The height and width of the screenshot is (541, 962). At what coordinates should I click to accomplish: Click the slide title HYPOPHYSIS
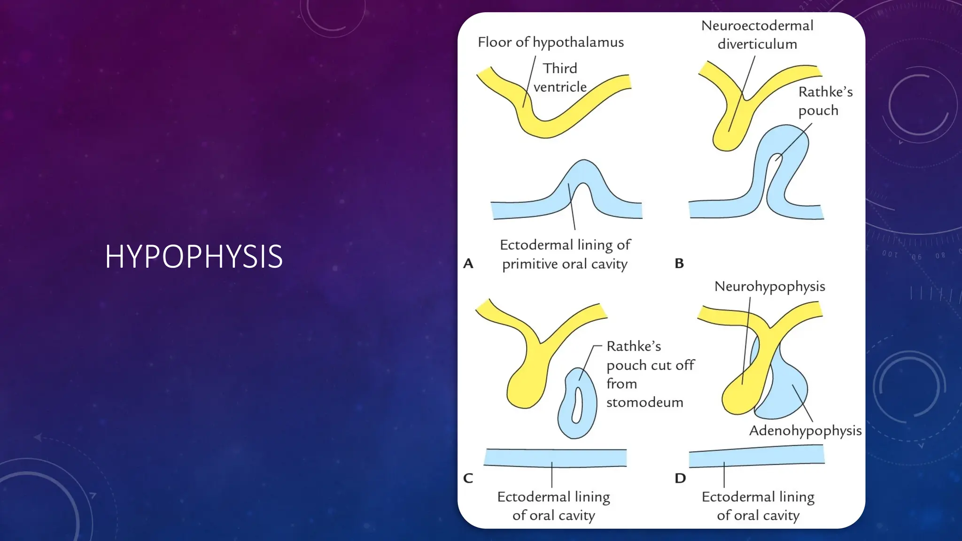[194, 257]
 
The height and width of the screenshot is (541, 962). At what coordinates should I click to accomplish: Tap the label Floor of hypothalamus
[551, 42]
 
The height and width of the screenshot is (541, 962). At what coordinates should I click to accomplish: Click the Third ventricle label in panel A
[560, 77]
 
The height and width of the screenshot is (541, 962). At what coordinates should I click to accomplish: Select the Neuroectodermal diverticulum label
[757, 35]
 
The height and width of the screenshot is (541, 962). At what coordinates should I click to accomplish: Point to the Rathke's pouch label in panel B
[825, 101]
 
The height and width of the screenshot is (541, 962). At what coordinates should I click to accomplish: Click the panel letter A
[468, 263]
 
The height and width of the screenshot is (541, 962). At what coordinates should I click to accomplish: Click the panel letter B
[679, 263]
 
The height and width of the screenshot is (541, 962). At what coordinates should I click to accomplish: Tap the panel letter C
[468, 478]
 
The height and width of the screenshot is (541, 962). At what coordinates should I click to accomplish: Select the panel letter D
[680, 478]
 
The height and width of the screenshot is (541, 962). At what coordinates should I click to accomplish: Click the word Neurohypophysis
[769, 286]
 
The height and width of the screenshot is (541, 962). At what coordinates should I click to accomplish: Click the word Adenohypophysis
[805, 431]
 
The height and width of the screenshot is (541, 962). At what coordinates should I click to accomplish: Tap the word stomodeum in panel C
[644, 402]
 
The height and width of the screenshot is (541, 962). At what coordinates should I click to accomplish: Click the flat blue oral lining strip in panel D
[756, 456]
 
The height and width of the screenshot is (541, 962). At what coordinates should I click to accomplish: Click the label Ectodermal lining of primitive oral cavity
[565, 254]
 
